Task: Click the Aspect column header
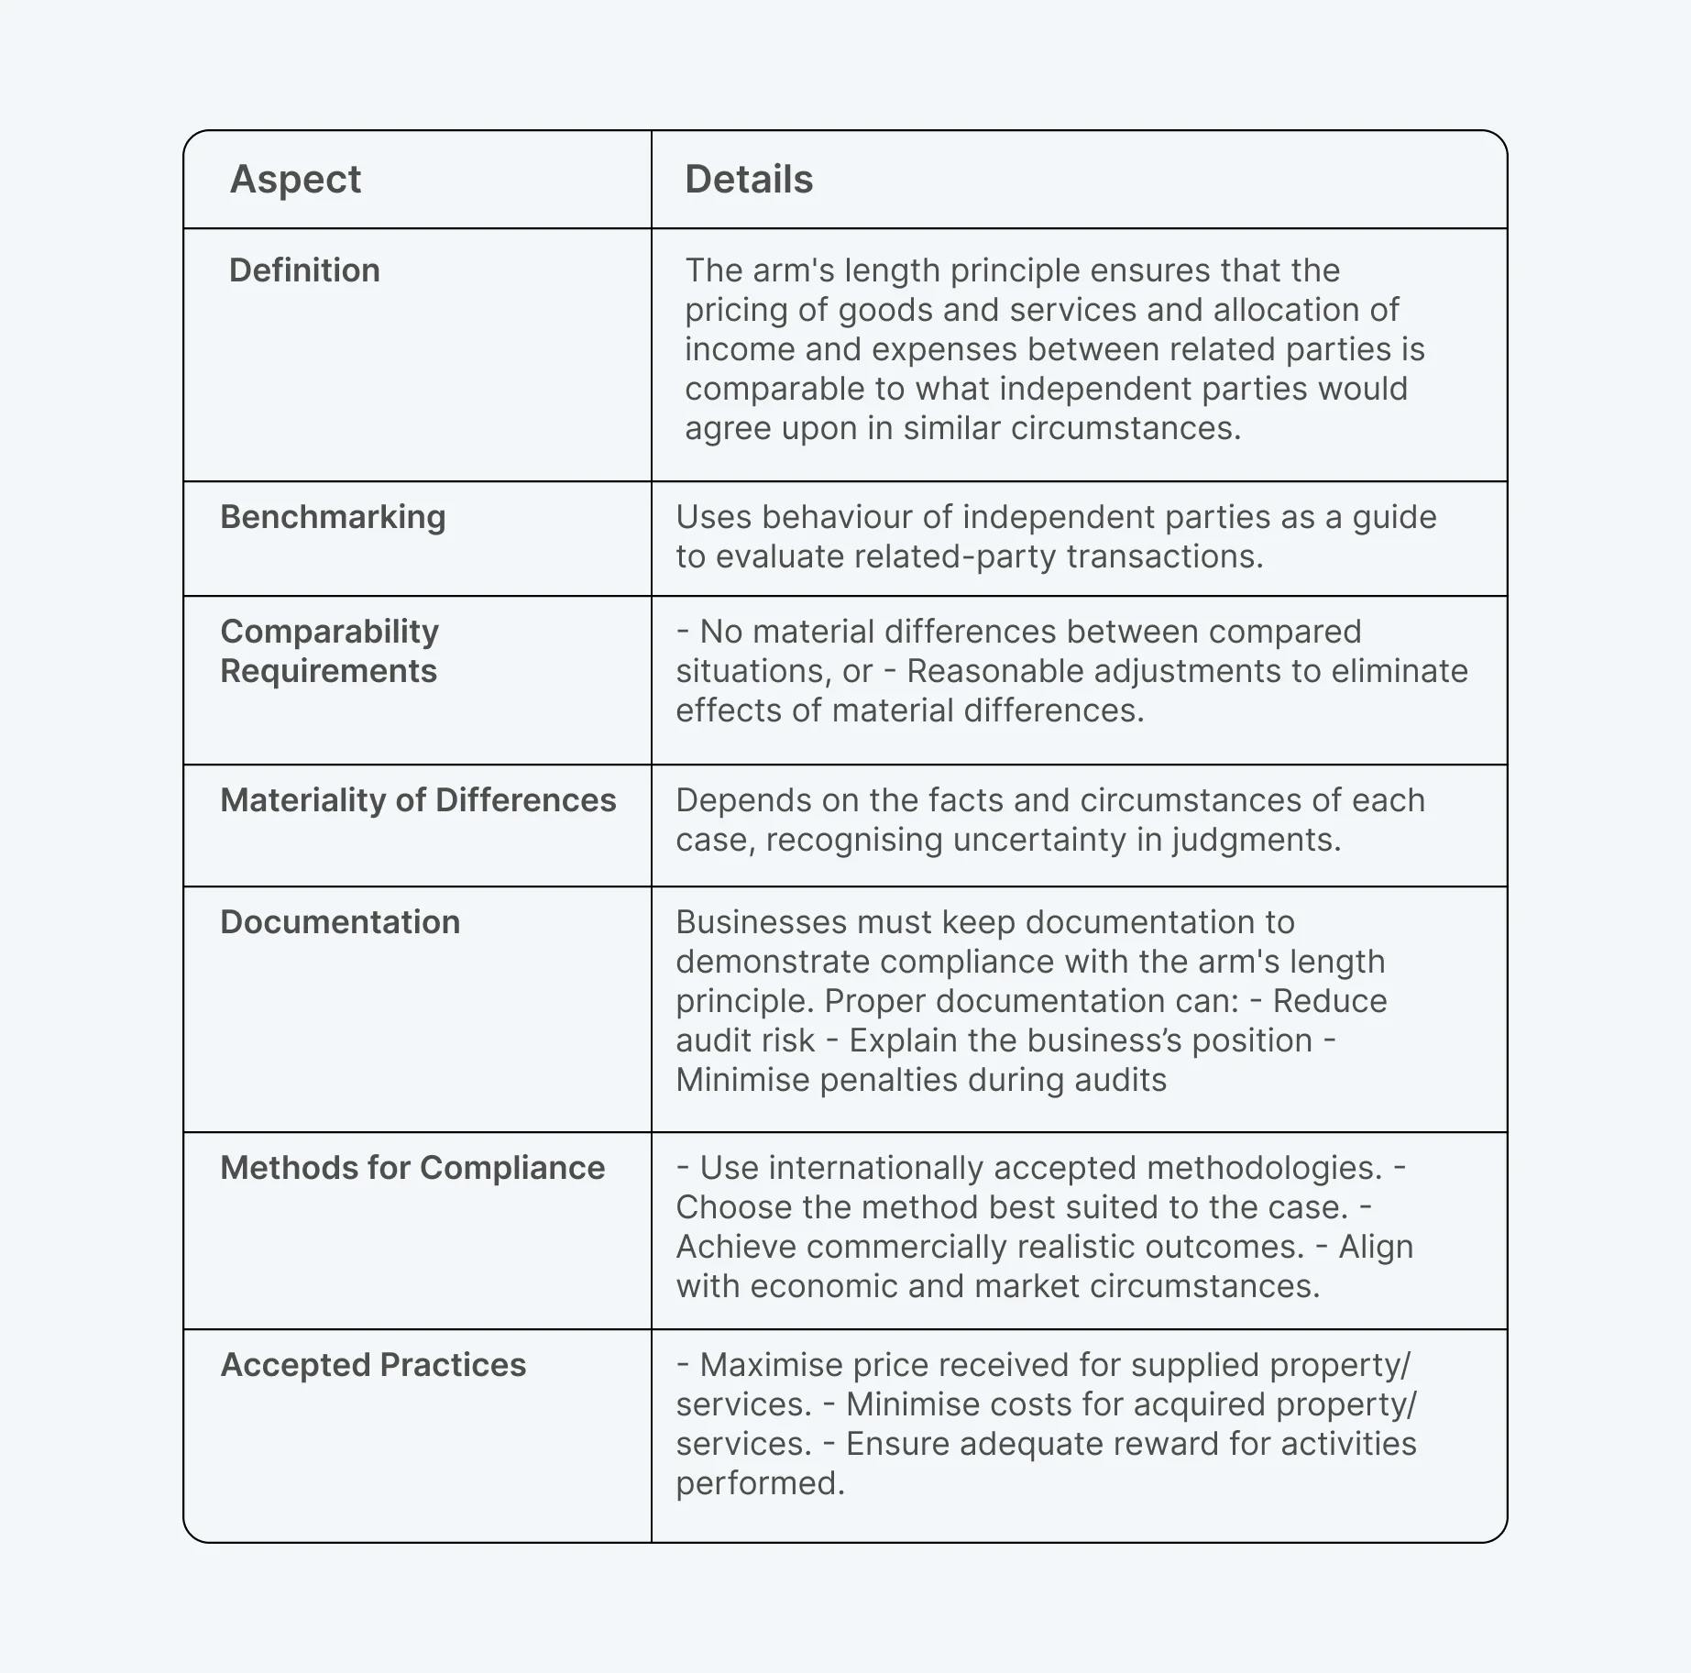point(295,180)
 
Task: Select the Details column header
point(749,180)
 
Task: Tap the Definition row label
point(304,270)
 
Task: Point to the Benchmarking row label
point(333,517)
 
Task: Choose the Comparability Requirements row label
point(329,651)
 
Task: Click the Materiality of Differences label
point(418,800)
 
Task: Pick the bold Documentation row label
point(340,922)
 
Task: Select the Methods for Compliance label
point(412,1168)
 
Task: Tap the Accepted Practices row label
point(373,1365)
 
